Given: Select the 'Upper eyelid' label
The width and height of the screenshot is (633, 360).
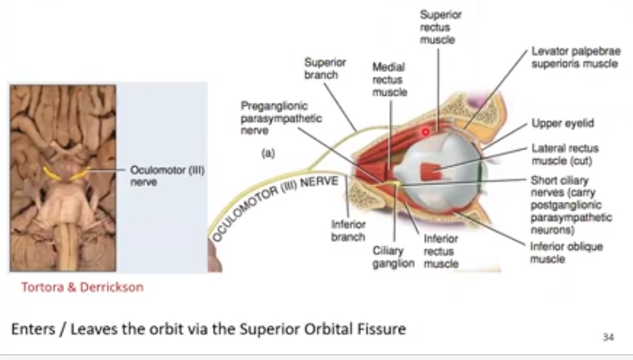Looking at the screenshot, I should pos(563,123).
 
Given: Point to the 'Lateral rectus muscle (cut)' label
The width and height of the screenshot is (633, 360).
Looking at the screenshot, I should pos(564,154).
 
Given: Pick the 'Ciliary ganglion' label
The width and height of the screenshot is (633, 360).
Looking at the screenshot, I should pos(393,257).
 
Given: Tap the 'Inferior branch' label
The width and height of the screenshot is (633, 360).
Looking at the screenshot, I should pos(348,230).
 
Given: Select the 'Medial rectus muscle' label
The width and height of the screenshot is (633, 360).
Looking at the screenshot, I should pos(389,80).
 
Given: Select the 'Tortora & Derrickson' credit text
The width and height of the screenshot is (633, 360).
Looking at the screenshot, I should pos(78,287).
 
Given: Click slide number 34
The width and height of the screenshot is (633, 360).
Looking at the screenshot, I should pos(608,336).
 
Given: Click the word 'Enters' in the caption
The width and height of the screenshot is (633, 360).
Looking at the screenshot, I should pos(33,328).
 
